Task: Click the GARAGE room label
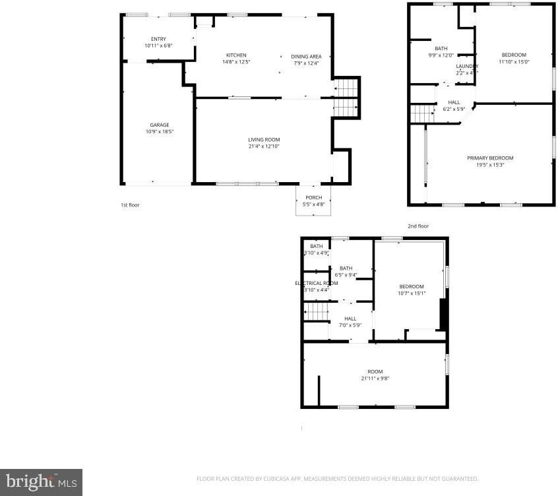159,125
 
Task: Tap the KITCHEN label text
236,55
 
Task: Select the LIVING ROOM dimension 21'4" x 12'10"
264,146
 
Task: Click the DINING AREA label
305,57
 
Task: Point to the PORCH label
313,198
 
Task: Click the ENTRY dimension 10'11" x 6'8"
158,46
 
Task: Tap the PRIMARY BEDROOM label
489,158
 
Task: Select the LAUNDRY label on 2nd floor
466,66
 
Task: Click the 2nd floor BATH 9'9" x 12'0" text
441,55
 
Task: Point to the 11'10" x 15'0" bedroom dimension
514,61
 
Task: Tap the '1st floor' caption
129,205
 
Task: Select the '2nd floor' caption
418,226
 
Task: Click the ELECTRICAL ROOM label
316,283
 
